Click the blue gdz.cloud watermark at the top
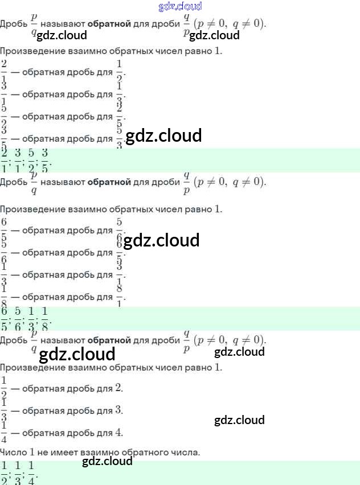point(179,6)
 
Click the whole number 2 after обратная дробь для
point(118,388)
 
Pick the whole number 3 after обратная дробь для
point(118,410)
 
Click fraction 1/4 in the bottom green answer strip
point(32,472)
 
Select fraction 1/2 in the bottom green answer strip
point(5,472)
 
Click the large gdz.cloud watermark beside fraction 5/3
point(163,135)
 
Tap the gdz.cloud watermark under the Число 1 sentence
point(107,461)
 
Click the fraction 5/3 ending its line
point(120,138)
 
